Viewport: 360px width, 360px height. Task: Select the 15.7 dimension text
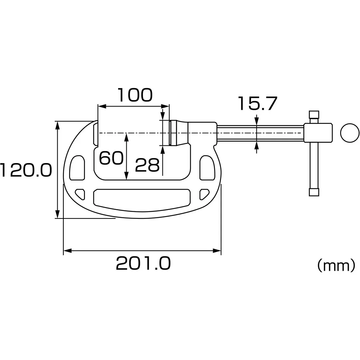point(257,104)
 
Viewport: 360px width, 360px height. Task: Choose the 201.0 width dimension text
point(143,264)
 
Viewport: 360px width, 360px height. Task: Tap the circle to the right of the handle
point(350,133)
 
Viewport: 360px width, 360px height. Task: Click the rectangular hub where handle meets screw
point(318,133)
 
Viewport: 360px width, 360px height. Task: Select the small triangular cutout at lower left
point(81,193)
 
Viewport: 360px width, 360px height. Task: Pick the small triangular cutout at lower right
point(204,194)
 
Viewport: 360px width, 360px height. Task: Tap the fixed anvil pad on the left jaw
point(96,134)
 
